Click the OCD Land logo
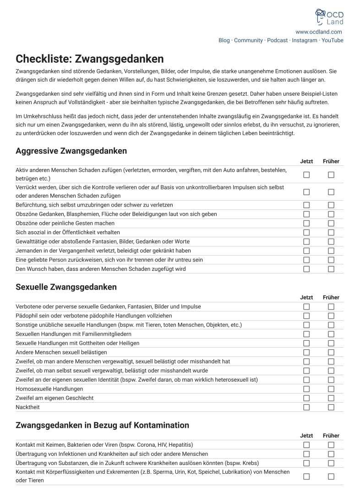pos(329,17)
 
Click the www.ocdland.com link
pos(319,32)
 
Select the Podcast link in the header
pos(278,40)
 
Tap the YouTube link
pos(332,40)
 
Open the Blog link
pos(224,40)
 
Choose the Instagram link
pos(305,40)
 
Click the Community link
pos(248,40)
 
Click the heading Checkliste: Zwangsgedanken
pos(89,59)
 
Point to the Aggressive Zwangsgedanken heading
pos(71,151)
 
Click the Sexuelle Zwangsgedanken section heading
pos(66,287)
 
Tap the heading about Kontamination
pos(102,425)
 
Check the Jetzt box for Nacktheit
pos(306,407)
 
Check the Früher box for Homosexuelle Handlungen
pos(331,389)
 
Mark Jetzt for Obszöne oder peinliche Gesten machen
pos(306,223)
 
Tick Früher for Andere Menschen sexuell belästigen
pos(331,352)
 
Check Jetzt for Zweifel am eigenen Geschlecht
pos(306,398)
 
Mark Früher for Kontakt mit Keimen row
pos(331,445)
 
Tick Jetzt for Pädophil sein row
pos(306,316)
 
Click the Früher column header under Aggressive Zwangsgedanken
pos(331,161)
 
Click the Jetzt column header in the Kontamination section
pos(306,436)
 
